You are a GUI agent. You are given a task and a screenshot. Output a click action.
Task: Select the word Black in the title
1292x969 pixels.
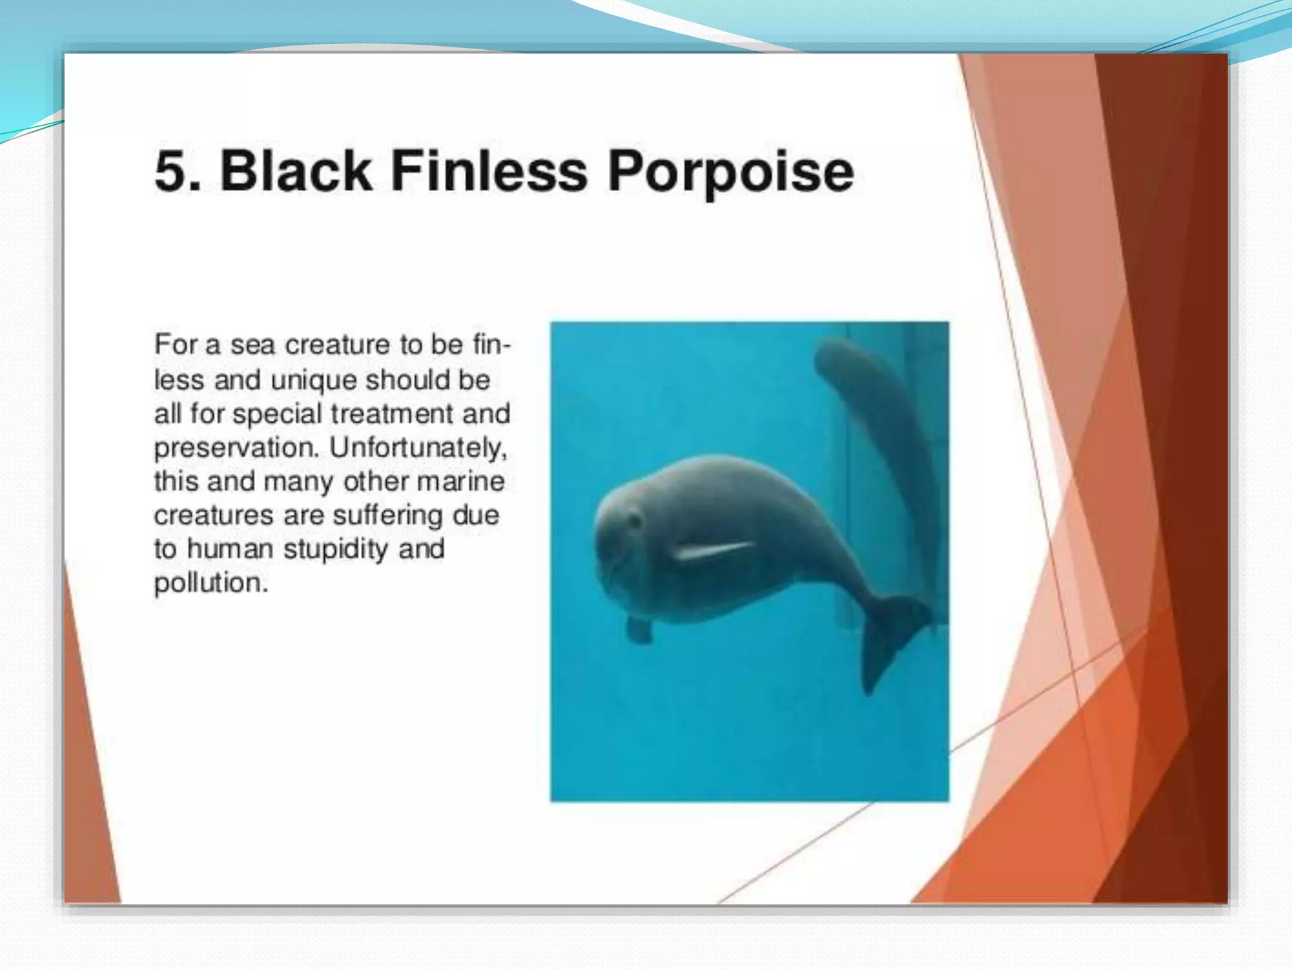[x=295, y=172]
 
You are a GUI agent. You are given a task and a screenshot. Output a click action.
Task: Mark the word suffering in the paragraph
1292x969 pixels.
[x=387, y=515]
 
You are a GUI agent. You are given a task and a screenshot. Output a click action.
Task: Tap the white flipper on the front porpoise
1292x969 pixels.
[x=713, y=550]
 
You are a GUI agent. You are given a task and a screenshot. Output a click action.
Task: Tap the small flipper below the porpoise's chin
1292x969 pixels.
[x=638, y=629]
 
